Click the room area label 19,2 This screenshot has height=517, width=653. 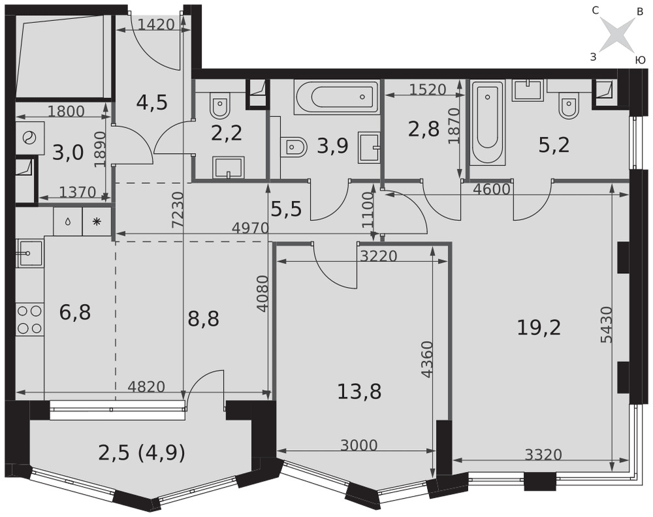coord(539,327)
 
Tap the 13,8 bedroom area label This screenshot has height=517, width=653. coord(359,392)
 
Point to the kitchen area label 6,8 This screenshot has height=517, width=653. coord(75,312)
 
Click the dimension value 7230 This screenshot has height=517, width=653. coord(178,210)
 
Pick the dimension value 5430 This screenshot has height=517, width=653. coord(607,325)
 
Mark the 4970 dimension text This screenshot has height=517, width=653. coord(251,227)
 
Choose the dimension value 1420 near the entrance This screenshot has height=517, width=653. coord(156,25)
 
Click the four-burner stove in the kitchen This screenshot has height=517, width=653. coord(30,320)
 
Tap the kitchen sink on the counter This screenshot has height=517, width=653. coord(29,254)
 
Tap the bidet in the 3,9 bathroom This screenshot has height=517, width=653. coord(294,147)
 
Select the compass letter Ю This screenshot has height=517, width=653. coord(640,60)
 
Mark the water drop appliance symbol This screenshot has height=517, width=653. coord(68,222)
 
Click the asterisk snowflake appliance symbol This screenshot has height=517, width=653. coord(97,222)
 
